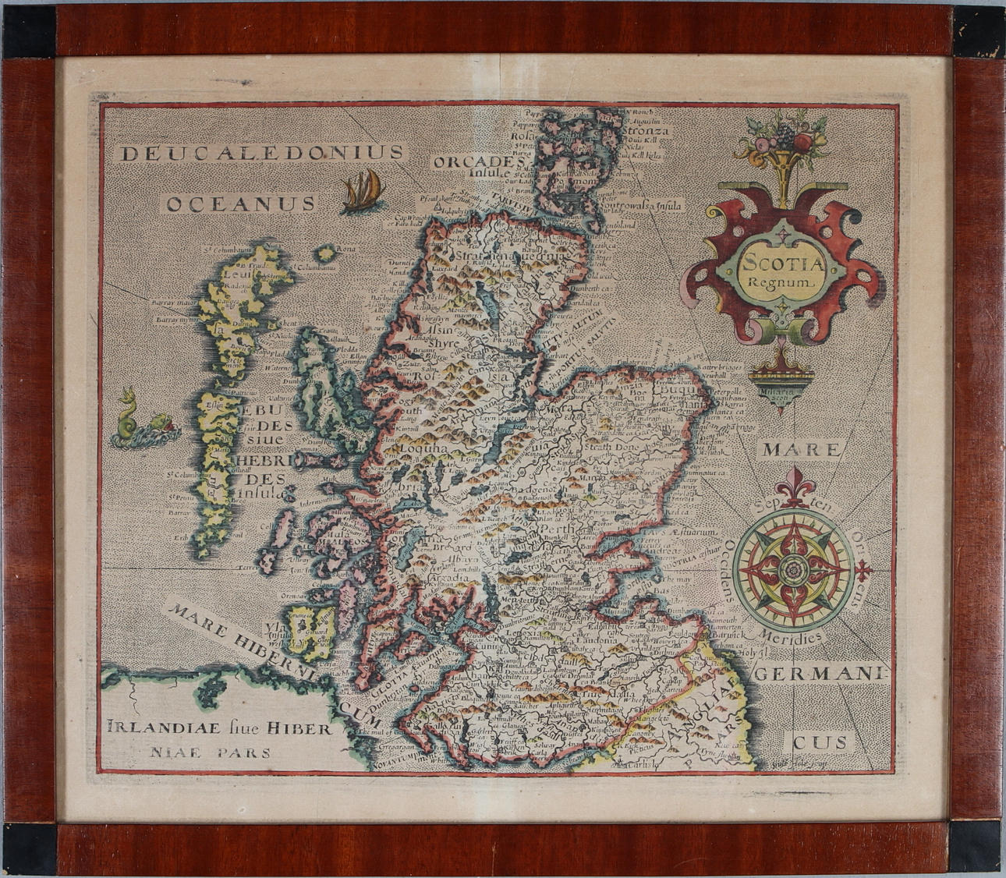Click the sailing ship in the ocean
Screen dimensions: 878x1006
point(362,190)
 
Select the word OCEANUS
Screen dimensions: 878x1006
point(241,204)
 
